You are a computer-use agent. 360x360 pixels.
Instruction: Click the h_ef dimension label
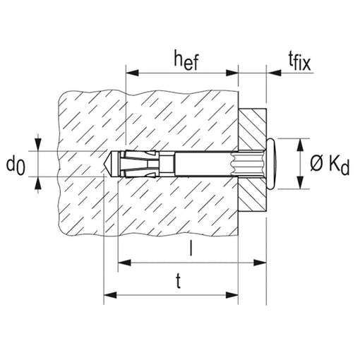[186, 60]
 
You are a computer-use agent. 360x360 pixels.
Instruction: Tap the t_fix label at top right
[299, 61]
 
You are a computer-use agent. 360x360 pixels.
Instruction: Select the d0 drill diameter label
[16, 166]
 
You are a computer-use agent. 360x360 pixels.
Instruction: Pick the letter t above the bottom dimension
[179, 281]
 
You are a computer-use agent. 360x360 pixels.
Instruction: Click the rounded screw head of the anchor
[272, 164]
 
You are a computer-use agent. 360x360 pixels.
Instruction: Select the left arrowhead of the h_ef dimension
[132, 73]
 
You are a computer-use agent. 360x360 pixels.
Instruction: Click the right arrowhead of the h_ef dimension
[232, 73]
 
